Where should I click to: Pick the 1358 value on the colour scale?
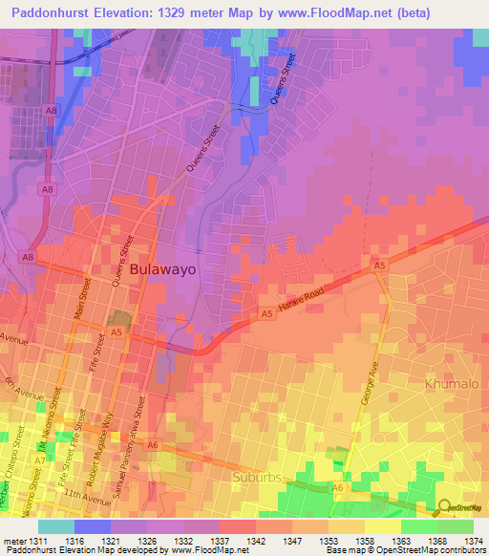365,541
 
